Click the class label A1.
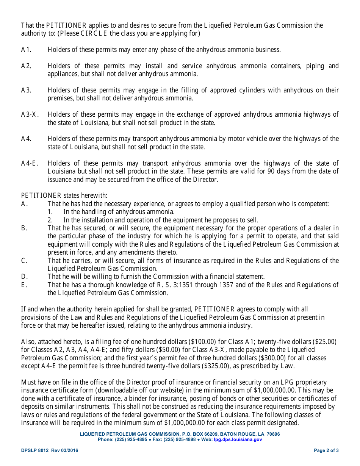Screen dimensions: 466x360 [x=26, y=50]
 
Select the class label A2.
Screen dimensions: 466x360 [x=26, y=66]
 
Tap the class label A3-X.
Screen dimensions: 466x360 [x=30, y=114]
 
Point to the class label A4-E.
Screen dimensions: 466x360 [x=29, y=163]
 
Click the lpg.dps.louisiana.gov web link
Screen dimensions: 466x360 [x=238, y=439]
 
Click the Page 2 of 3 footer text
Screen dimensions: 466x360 [x=326, y=450]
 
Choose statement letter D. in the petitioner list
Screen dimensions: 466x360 [x=24, y=277]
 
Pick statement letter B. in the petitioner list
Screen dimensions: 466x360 [x=24, y=228]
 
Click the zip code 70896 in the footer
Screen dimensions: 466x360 [x=273, y=434]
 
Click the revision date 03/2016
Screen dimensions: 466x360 [x=70, y=450]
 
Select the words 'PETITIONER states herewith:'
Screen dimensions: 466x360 [x=64, y=195]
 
